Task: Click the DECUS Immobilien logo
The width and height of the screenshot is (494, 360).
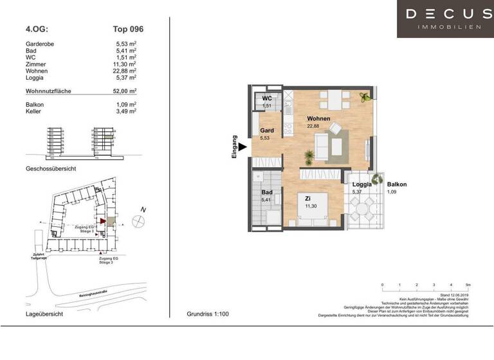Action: [x=445, y=19]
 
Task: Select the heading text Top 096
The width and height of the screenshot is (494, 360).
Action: [x=129, y=29]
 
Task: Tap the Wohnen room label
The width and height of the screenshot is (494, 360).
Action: [x=318, y=119]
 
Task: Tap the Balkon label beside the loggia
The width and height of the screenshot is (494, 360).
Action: [x=396, y=184]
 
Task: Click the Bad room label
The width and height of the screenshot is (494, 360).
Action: [x=267, y=192]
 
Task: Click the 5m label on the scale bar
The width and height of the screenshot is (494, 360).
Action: [x=468, y=284]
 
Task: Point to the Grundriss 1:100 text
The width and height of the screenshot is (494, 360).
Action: [x=207, y=314]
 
